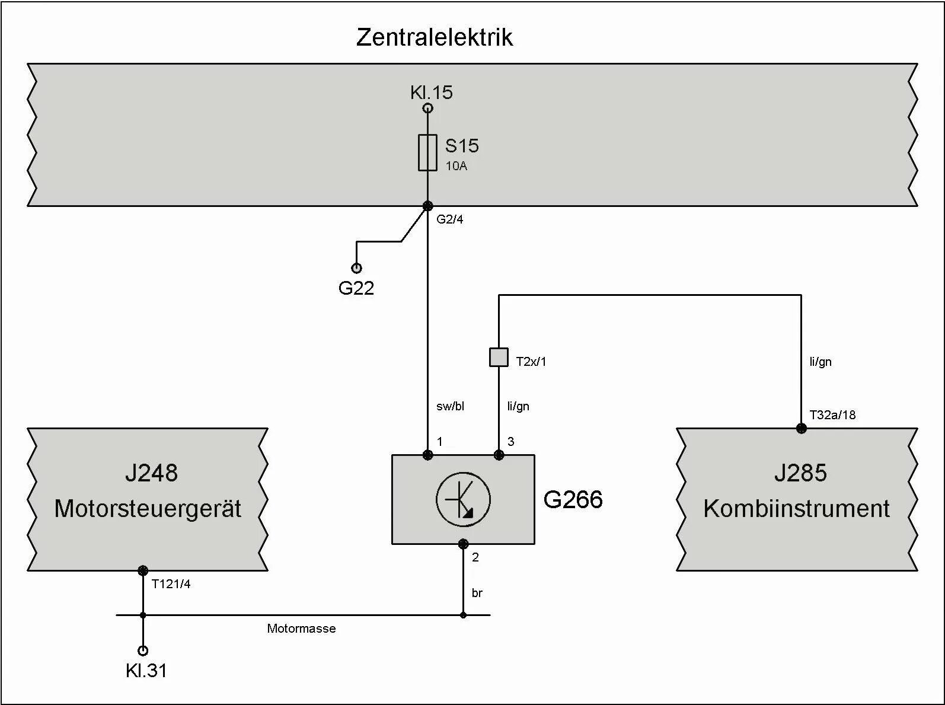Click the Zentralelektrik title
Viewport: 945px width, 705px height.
(434, 37)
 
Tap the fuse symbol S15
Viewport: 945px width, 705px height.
(427, 152)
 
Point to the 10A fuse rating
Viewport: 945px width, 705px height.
(456, 166)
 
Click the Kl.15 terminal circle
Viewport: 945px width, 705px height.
(427, 108)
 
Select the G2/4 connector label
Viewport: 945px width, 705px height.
(449, 219)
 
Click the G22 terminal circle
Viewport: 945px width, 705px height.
(356, 268)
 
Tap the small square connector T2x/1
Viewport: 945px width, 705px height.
(499, 357)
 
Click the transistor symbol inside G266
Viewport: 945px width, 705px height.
(463, 499)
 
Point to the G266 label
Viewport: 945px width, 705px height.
(573, 500)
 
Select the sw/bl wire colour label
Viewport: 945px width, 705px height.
(450, 406)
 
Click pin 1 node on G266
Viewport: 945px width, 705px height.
(427, 455)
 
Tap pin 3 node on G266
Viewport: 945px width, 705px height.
(499, 455)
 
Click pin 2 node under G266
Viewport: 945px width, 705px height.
(463, 544)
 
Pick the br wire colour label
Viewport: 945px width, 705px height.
(477, 593)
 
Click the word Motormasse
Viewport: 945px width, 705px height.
(301, 629)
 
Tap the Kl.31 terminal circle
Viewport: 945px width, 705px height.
(143, 650)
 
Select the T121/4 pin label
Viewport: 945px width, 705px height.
(171, 584)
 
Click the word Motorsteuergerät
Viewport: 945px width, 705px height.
(148, 509)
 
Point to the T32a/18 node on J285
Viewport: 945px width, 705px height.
(801, 428)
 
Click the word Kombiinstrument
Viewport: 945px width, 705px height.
(796, 509)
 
